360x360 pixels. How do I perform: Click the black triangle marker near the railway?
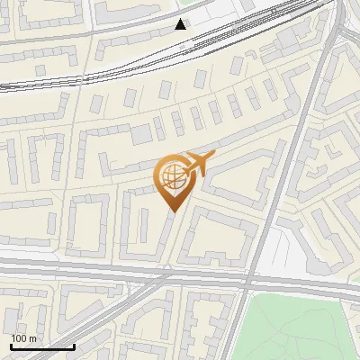click(182, 24)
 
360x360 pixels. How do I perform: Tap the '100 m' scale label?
click(23, 338)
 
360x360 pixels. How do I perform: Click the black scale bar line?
click(42, 346)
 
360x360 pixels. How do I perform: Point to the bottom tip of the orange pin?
click(171, 211)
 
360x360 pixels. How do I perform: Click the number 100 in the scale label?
click(19, 338)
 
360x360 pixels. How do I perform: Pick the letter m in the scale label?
click(32, 338)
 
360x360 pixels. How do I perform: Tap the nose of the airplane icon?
click(213, 157)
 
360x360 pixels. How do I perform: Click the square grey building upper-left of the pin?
click(141, 135)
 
